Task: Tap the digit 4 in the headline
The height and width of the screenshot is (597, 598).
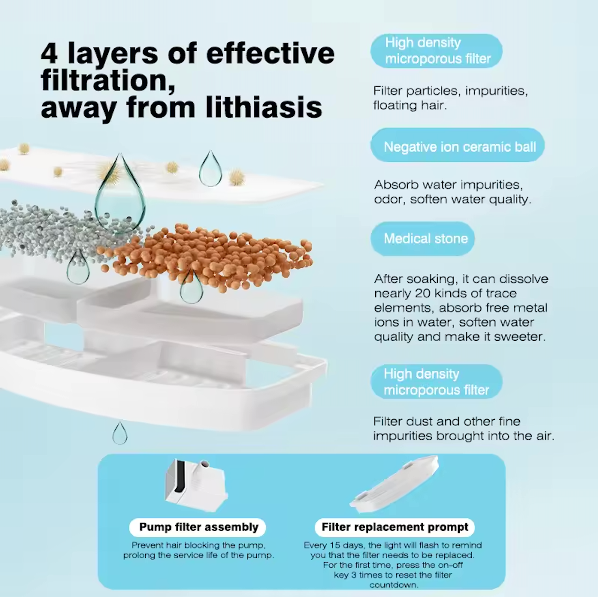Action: pyautogui.click(x=49, y=54)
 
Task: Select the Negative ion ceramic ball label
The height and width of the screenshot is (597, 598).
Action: pyautogui.click(x=458, y=145)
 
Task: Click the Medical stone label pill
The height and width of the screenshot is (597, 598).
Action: pyautogui.click(x=423, y=238)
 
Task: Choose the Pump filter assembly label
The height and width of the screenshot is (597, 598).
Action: pyautogui.click(x=198, y=527)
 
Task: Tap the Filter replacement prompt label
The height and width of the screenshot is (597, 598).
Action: pyautogui.click(x=395, y=527)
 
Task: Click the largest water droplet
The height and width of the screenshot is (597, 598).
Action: pyautogui.click(x=120, y=193)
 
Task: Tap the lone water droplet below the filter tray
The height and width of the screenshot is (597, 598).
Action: pyautogui.click(x=120, y=433)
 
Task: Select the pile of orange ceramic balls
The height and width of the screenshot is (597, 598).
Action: pyautogui.click(x=205, y=258)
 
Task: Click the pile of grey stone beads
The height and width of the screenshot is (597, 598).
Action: pyautogui.click(x=62, y=230)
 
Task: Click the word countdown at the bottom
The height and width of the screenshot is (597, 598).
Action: pyautogui.click(x=394, y=585)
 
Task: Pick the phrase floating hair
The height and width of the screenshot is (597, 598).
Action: pyautogui.click(x=410, y=105)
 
